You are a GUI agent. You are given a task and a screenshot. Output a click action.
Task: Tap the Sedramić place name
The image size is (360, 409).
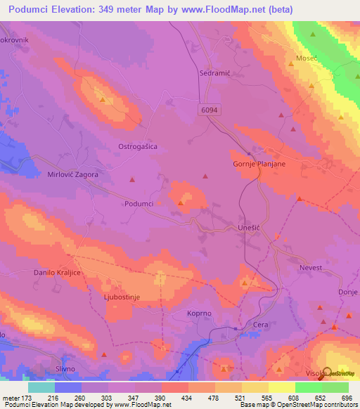(x=216, y=72)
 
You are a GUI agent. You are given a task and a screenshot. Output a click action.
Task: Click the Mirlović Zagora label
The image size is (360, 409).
(x=72, y=174)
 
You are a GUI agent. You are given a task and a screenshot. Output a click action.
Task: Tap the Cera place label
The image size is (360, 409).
(x=261, y=324)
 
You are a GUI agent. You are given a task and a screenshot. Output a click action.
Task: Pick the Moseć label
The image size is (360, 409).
(x=308, y=58)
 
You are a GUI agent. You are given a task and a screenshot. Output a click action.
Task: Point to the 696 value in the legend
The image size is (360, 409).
(x=347, y=398)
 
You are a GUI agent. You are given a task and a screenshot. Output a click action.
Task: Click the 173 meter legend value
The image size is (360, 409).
(x=26, y=398)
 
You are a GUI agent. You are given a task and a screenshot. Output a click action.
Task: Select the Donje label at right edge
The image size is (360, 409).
(x=348, y=291)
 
